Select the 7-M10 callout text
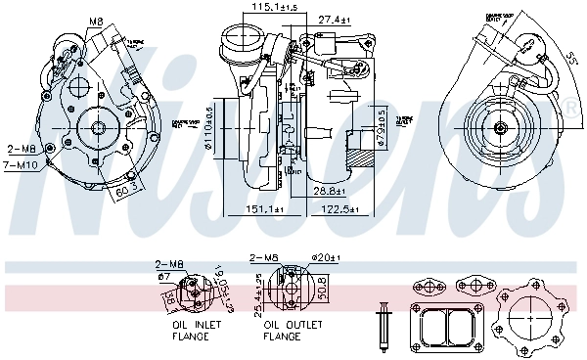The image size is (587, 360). tap(22, 165)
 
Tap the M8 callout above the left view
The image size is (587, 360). tap(97, 20)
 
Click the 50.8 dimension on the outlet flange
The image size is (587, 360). tap(321, 290)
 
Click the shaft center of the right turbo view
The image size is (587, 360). tap(500, 127)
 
